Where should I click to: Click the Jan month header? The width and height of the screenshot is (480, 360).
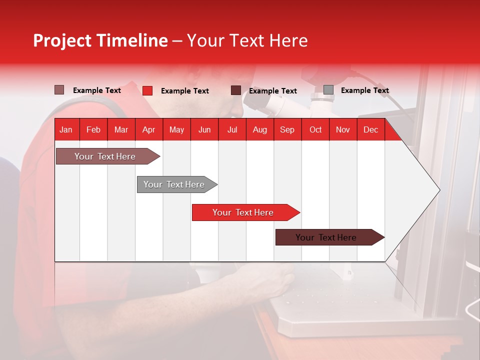click(x=66, y=130)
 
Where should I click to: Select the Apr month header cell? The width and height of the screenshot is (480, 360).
click(x=149, y=130)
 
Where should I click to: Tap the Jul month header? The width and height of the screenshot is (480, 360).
click(x=232, y=130)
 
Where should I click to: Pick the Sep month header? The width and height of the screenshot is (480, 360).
click(x=287, y=130)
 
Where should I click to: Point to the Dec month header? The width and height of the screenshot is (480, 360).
click(x=370, y=130)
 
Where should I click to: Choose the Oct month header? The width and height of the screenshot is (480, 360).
click(x=315, y=130)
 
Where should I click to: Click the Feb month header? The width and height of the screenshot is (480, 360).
click(x=93, y=130)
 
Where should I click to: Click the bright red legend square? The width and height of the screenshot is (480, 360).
click(x=147, y=90)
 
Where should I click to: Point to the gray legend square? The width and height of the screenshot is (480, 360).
click(x=328, y=90)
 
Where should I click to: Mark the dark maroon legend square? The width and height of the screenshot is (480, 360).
click(x=236, y=90)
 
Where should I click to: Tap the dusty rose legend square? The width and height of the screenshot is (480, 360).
click(x=59, y=90)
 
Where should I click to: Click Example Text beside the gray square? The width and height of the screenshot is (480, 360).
click(x=364, y=90)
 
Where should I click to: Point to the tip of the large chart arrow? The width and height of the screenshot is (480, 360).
click(x=439, y=190)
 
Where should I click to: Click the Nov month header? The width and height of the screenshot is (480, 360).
click(x=343, y=130)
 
